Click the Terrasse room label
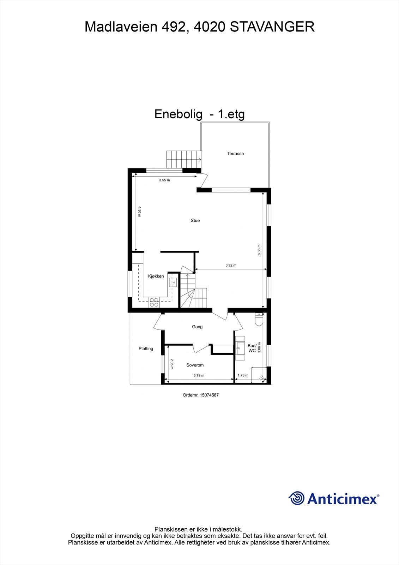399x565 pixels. [x=235, y=154]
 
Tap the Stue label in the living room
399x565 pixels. [x=195, y=220]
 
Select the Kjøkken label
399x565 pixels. [x=156, y=276]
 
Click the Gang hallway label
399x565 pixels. [x=197, y=327]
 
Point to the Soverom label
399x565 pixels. [x=195, y=365]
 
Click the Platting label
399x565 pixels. [x=146, y=349]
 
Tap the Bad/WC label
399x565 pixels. [x=252, y=348]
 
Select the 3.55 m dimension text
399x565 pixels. [x=164, y=180]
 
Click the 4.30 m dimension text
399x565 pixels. [x=139, y=212]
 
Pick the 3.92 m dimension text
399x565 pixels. [x=231, y=266]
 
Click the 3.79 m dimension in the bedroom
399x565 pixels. [x=199, y=376]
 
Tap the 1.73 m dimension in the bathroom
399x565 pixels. [x=243, y=375]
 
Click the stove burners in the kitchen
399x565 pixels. [x=154, y=302]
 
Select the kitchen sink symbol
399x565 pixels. [x=174, y=282]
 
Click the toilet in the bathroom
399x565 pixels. [x=259, y=320]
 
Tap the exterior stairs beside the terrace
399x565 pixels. [x=183, y=159]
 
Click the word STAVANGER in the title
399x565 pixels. [x=272, y=27]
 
